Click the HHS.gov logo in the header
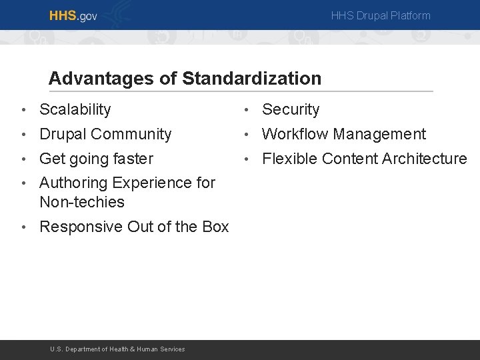pos(73,15)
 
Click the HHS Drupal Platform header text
pos(381,15)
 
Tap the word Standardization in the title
pos(251,79)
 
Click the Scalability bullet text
pos(75,109)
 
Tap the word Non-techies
pos(82,201)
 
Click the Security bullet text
pos(291,109)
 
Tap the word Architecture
pos(424,159)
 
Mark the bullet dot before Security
pos(247,110)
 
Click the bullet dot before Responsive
pos(24,227)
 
